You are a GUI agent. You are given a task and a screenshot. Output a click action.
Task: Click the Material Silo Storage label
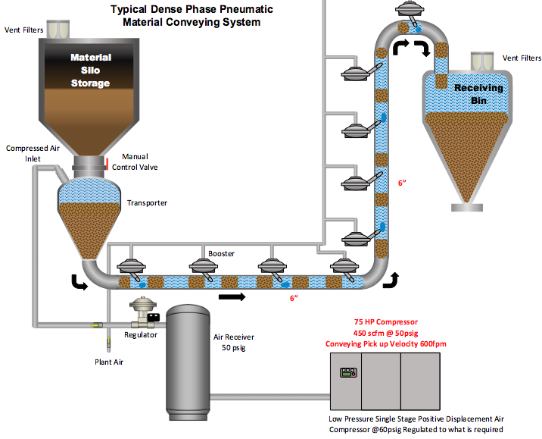pos(90,70)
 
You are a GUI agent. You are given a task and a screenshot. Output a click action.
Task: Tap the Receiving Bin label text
pos(478,95)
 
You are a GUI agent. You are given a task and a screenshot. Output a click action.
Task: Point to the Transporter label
pos(147,202)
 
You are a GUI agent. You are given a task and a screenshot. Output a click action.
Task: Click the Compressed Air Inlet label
pos(33,153)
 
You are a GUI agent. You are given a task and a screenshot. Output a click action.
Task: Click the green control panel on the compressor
pos(348,372)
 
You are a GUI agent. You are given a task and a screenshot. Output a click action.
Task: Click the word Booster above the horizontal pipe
pos(221,253)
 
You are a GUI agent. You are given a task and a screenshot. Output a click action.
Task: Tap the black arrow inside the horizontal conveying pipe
pos(235,297)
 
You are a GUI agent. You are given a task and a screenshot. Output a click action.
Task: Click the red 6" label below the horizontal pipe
pos(294,299)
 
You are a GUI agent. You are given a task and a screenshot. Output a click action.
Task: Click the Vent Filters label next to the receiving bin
pos(522,58)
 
